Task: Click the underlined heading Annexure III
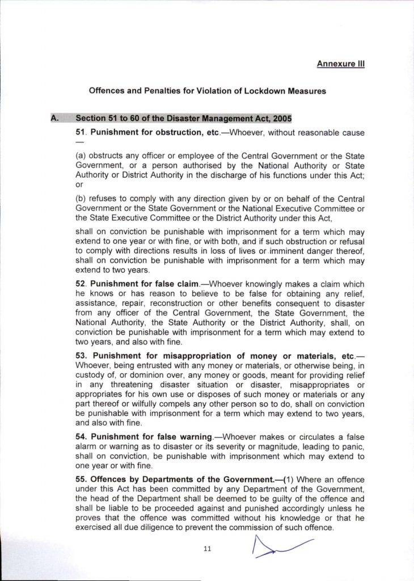[340, 64]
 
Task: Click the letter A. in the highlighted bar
[56, 119]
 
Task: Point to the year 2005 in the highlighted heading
[281, 119]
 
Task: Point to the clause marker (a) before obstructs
[82, 155]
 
